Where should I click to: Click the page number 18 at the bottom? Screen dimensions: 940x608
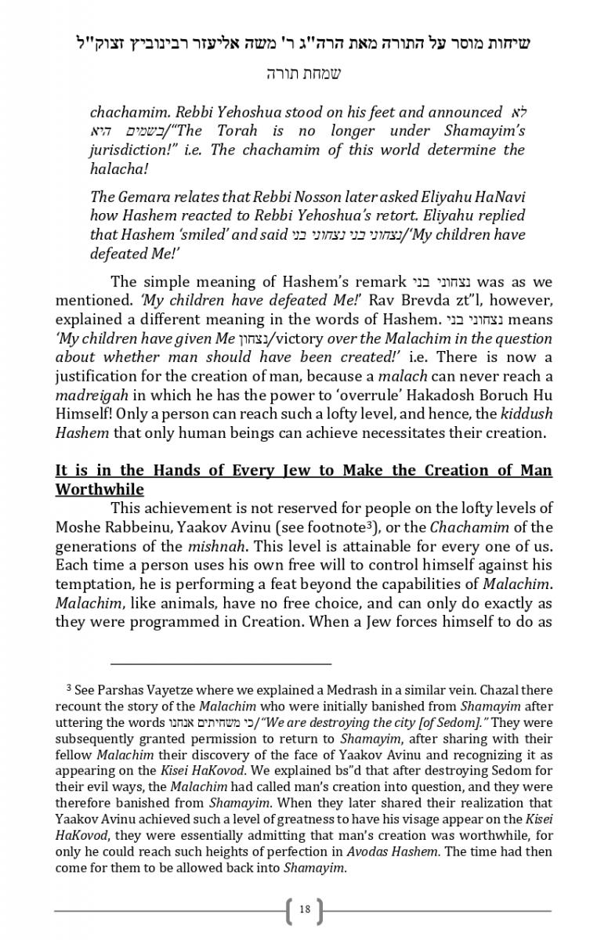click(305, 909)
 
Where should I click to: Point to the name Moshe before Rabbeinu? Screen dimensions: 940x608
click(78, 527)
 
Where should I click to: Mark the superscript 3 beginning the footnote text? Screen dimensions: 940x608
click(69, 688)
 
